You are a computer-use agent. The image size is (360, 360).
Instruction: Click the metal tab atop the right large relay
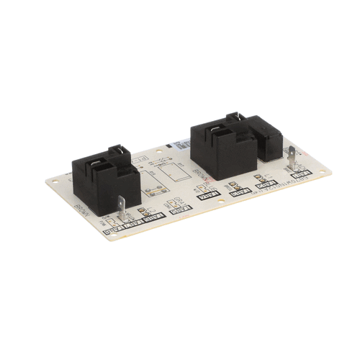tap(231, 116)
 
